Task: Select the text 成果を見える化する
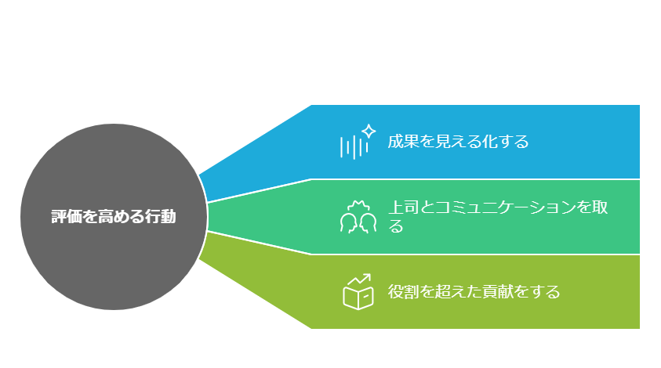458,142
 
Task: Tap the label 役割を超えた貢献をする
474,291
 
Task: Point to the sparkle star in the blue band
369,131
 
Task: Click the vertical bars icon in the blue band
354,147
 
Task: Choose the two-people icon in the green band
358,217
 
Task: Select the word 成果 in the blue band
403,142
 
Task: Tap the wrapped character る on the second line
396,226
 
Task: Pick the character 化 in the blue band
489,142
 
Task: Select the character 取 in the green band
600,207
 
